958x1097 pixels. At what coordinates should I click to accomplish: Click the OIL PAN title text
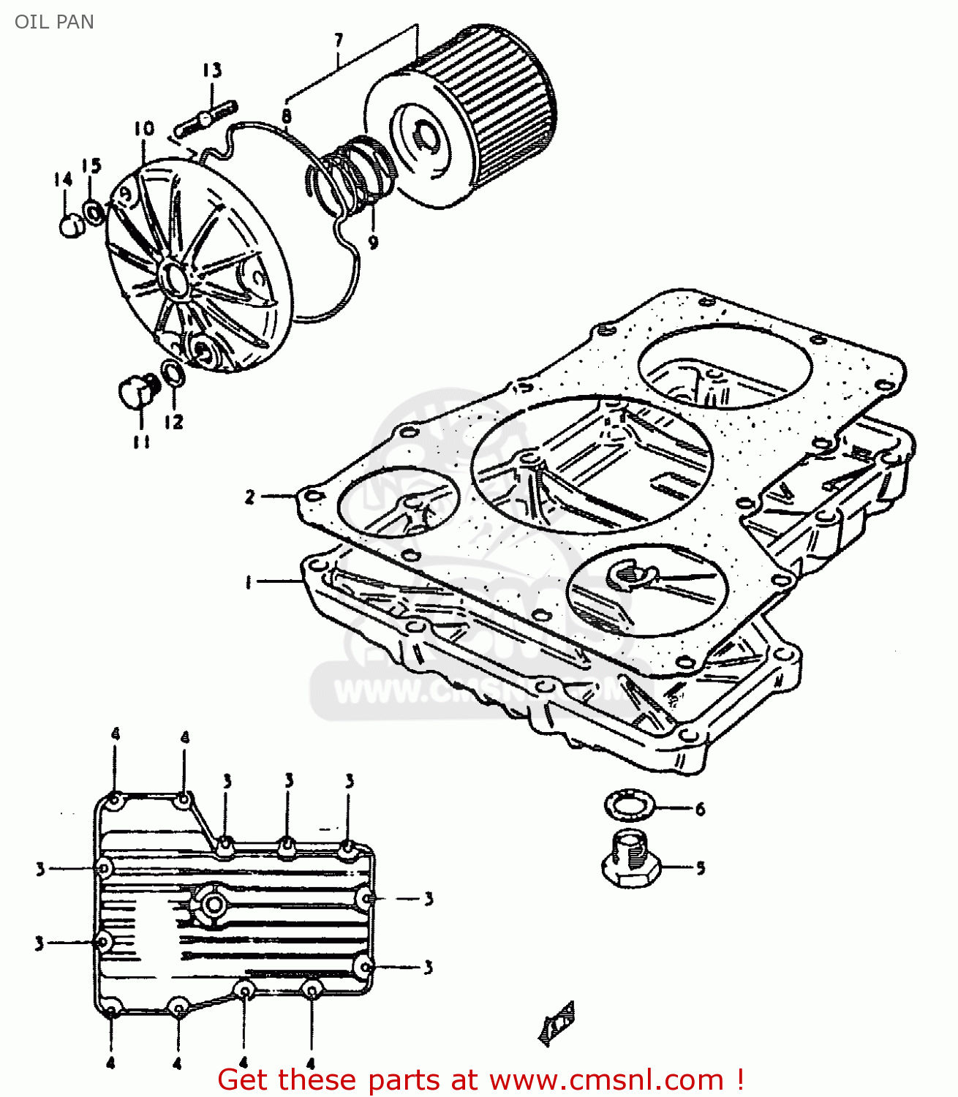[x=54, y=22]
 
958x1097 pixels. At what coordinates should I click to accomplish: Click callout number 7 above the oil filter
[x=339, y=40]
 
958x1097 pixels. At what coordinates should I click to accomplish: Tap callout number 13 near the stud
[x=211, y=70]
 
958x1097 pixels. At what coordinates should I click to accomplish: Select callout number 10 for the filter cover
[x=144, y=129]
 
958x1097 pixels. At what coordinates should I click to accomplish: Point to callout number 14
[x=64, y=179]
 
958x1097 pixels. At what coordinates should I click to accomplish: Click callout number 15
[x=91, y=166]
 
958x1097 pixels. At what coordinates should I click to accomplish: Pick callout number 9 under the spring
[x=373, y=242]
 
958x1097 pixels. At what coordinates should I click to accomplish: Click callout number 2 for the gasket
[x=250, y=497]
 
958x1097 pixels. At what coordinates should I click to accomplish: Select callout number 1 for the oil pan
[x=249, y=582]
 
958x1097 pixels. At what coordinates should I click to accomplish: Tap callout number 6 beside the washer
[x=700, y=809]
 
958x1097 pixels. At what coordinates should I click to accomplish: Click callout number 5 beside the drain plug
[x=700, y=868]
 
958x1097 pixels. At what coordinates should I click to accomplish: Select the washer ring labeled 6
[x=627, y=805]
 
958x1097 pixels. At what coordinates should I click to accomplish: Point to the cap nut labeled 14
[x=70, y=225]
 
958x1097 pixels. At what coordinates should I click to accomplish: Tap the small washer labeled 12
[x=173, y=374]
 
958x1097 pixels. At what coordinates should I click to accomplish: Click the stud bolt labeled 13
[x=207, y=118]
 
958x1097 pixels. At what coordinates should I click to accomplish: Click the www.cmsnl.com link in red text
[x=606, y=1079]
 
